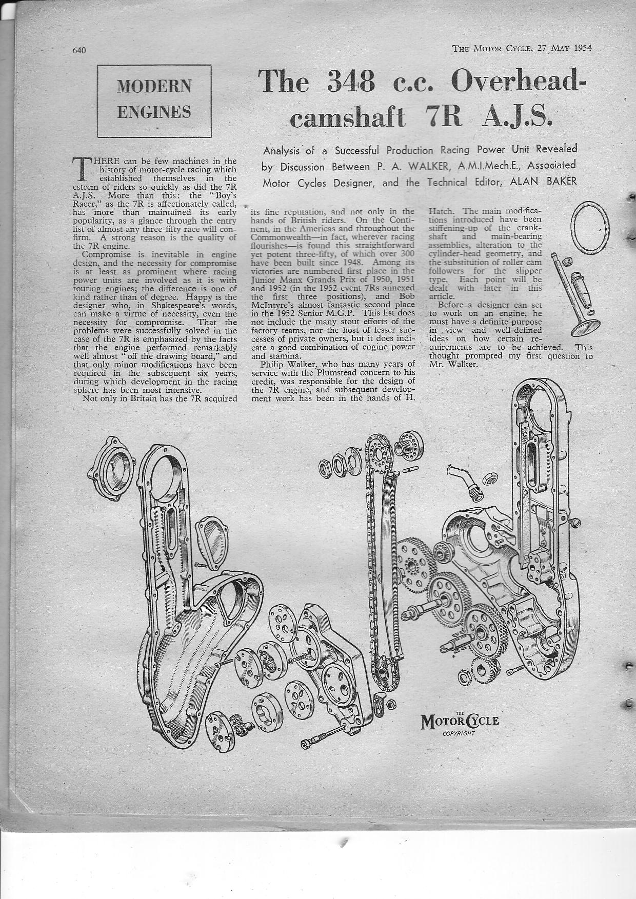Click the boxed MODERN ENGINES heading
[x=154, y=101]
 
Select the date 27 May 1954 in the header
[x=564, y=48]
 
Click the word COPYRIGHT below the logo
[x=459, y=733]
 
